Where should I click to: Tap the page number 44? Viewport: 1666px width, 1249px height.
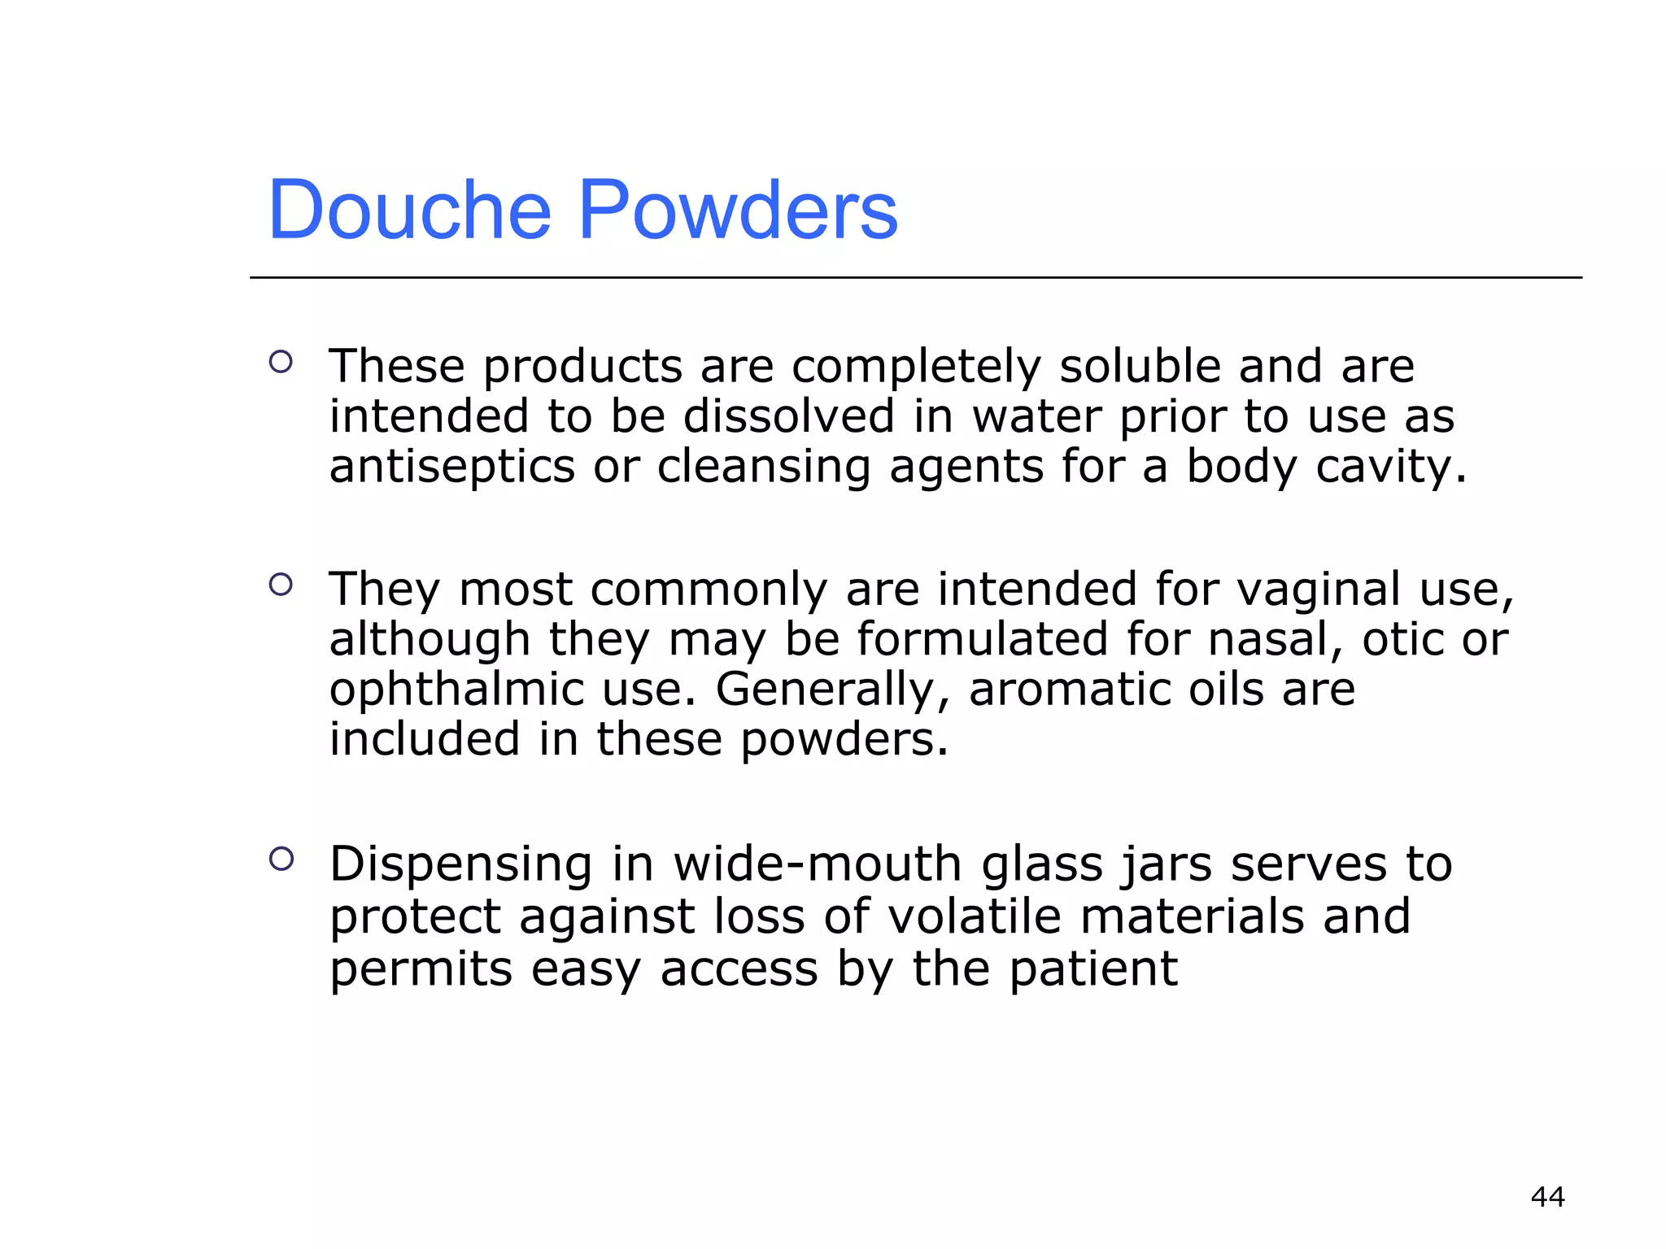tap(1547, 1196)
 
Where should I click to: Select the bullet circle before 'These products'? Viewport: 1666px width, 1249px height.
tap(281, 362)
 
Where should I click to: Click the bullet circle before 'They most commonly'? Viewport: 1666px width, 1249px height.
tap(281, 584)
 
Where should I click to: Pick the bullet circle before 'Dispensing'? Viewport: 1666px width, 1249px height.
tap(281, 859)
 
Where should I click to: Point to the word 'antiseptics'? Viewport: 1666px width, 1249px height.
tap(452, 467)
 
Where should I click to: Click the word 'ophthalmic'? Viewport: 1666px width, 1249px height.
tap(456, 690)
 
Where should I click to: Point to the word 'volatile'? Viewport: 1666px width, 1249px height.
tap(975, 916)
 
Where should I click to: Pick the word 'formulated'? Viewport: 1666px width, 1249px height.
tap(983, 639)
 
